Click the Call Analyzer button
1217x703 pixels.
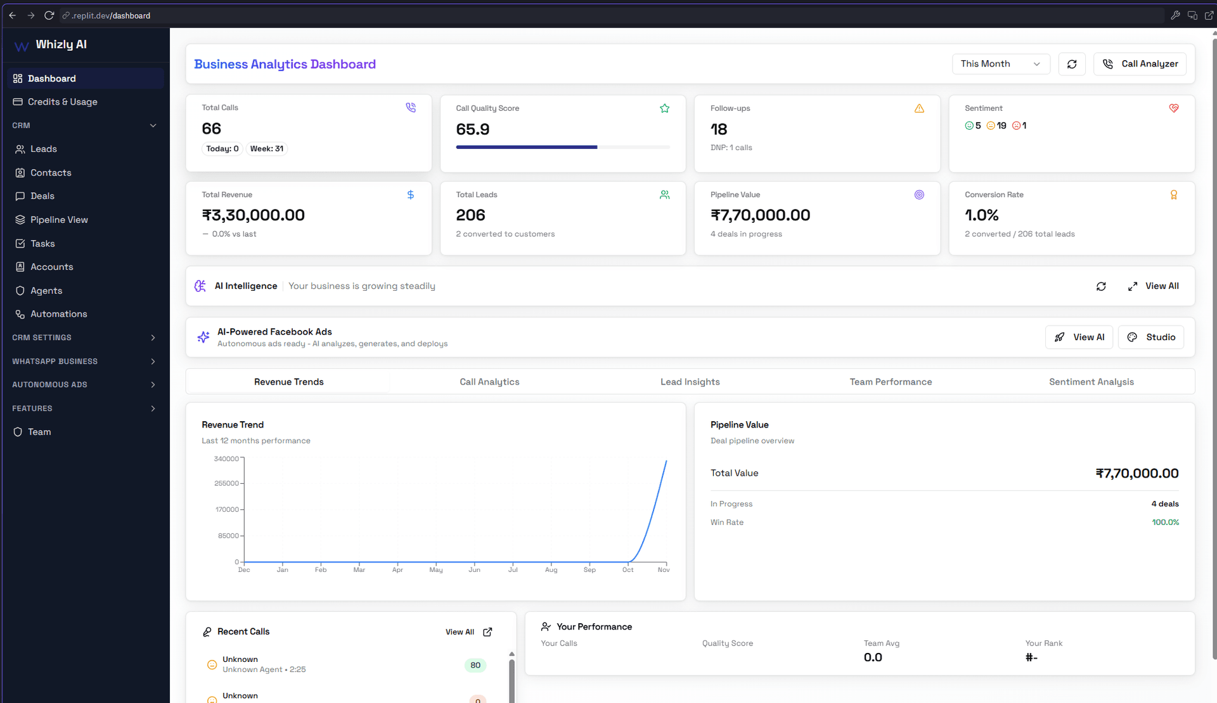coord(1140,64)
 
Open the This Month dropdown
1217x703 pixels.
coord(1000,64)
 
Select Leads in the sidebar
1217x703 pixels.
coord(44,149)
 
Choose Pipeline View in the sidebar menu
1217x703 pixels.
coord(59,220)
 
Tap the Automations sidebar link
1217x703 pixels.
coord(58,314)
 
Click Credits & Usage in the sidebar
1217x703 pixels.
coord(62,102)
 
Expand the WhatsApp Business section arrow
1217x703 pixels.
coord(153,362)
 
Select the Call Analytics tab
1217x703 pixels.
coord(489,382)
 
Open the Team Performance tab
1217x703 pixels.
coord(891,382)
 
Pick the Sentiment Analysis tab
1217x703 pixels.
coord(1091,382)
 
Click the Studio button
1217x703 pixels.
coord(1151,338)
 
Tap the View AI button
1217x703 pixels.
coord(1079,338)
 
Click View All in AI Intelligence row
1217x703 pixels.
coord(1154,286)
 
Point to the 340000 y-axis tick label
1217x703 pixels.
coord(226,459)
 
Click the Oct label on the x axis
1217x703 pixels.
coord(628,570)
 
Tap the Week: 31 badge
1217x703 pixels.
coord(266,149)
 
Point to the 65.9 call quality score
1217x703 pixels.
coord(473,130)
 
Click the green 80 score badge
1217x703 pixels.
coord(475,665)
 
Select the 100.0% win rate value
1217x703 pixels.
coord(1165,522)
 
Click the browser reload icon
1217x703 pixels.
coord(49,15)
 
